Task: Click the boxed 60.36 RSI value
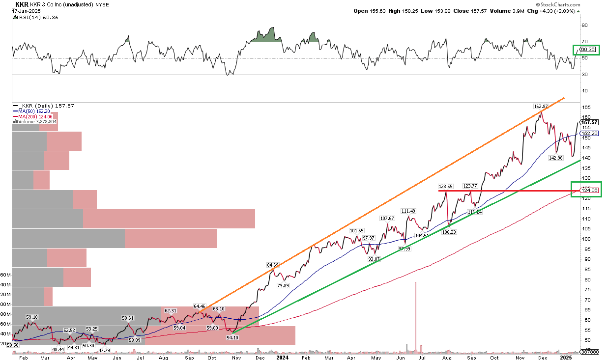pos(588,49)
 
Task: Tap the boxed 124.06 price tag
pos(589,190)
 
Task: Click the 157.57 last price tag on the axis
pos(588,123)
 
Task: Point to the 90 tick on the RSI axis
pos(585,25)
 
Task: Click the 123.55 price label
pos(446,187)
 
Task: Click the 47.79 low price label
pos(104,350)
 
